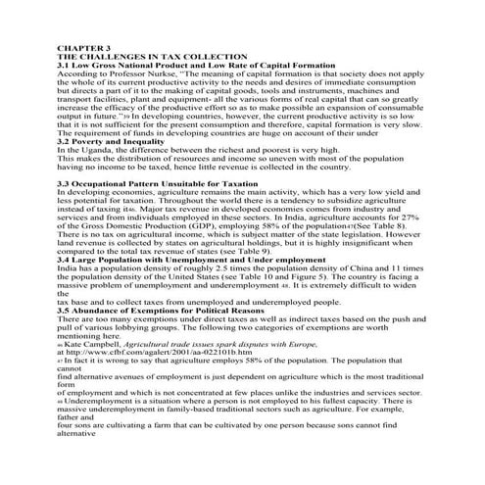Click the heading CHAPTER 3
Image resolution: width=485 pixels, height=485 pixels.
85,46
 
